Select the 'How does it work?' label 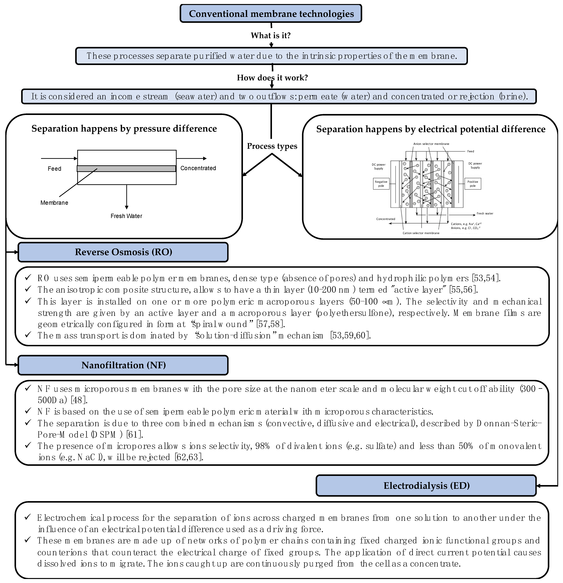[272, 78]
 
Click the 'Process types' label [272, 146]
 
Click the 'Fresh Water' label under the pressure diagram [126, 216]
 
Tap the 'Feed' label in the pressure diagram [54, 169]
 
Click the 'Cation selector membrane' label [421, 233]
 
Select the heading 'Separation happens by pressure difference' [124, 129]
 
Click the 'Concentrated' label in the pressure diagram [198, 168]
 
